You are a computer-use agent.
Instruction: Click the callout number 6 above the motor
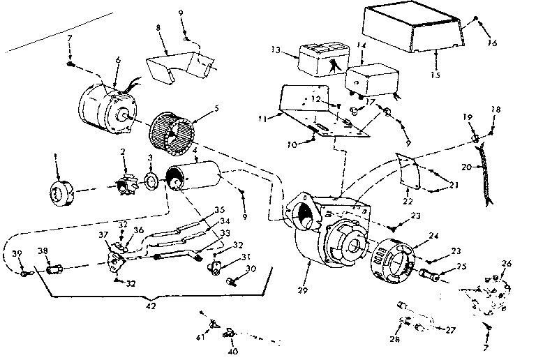click(x=118, y=60)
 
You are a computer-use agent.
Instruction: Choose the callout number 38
click(x=43, y=250)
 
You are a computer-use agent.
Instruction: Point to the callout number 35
click(x=219, y=209)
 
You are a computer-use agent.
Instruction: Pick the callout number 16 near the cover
click(x=493, y=43)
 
